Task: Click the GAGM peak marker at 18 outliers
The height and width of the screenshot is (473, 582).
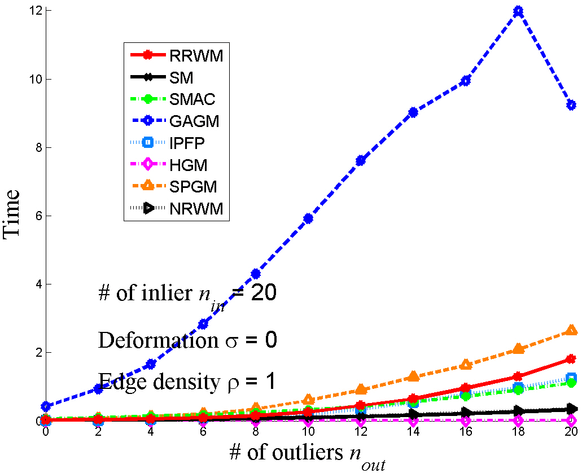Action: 518,11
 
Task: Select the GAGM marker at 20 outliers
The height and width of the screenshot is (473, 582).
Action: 571,105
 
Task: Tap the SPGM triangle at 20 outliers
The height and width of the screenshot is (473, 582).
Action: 571,330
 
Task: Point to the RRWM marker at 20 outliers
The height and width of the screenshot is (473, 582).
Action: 571,359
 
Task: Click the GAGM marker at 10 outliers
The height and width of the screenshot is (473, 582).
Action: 308,218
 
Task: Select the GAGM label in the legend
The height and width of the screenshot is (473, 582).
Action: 194,121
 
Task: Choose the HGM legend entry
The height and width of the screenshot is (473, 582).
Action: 188,165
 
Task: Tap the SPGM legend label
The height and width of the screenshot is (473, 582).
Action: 192,187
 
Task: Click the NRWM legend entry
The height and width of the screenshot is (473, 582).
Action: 196,209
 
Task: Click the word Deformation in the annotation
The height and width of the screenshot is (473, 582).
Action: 145,340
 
